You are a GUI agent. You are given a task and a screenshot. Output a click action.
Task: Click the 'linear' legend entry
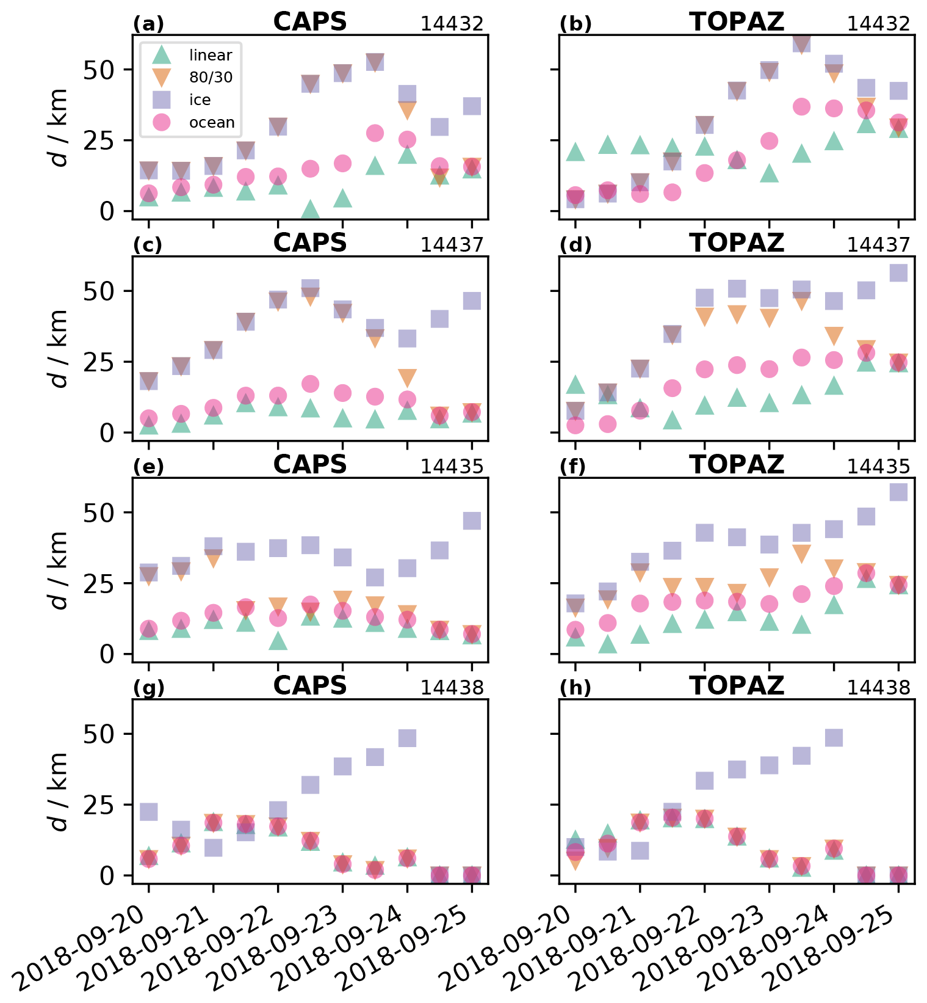pos(211,55)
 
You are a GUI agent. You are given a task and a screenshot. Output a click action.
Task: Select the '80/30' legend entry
pos(211,78)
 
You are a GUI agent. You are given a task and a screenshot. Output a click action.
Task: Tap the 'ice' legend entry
pos(200,100)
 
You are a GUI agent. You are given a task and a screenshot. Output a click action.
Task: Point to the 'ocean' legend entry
pos(212,122)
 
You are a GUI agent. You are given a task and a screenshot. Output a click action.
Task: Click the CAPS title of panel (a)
pos(310,22)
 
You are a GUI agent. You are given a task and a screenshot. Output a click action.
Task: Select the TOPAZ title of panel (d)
pos(737,243)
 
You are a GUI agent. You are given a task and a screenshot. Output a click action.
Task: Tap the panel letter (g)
pos(149,688)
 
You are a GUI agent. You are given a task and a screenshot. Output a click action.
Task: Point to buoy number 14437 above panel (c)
pos(452,245)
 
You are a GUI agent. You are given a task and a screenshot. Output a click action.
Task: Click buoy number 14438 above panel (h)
pos(878,688)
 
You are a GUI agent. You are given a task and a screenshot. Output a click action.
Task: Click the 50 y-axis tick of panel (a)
pos(99,70)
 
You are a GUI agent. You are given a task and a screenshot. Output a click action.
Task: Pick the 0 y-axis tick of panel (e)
pos(107,654)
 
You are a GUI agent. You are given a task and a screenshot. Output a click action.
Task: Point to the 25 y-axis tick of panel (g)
pos(99,805)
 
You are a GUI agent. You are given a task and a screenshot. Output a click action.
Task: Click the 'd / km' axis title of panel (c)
pos(59,348)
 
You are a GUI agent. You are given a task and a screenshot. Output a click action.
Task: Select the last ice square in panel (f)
pos(898,492)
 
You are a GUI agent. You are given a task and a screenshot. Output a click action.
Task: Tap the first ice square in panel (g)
pos(149,811)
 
